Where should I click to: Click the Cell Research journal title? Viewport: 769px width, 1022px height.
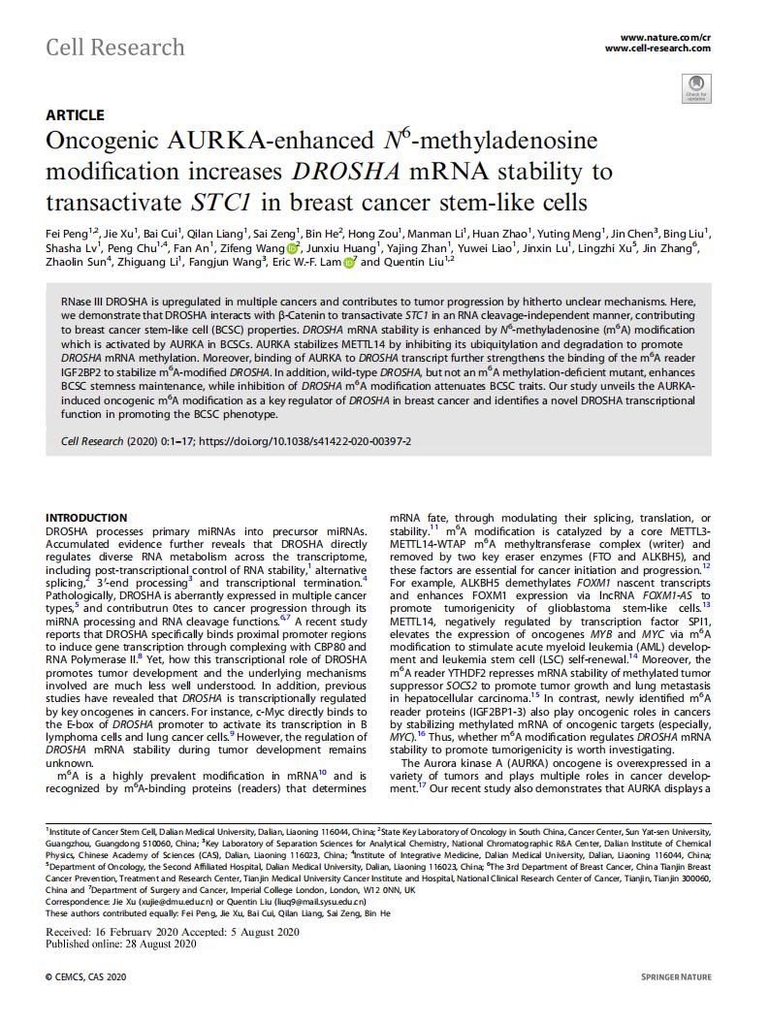click(115, 47)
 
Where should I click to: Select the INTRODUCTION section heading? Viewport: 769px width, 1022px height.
click(93, 519)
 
